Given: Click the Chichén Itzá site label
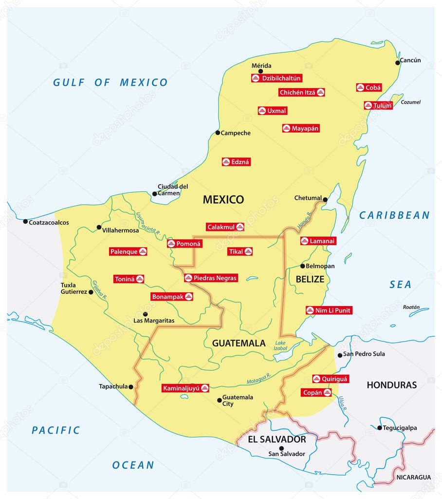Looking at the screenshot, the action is click(x=301, y=92).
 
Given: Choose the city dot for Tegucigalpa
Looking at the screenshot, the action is click(x=380, y=428).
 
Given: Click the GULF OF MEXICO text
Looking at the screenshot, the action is click(x=110, y=82).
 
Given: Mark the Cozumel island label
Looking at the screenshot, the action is click(x=410, y=102).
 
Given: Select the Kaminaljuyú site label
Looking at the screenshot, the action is click(x=185, y=388).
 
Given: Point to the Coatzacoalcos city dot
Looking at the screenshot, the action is click(x=25, y=221).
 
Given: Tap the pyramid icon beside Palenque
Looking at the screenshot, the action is click(x=143, y=251).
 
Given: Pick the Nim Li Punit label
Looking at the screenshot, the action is click(x=329, y=310).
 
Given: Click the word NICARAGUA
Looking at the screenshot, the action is click(x=413, y=477).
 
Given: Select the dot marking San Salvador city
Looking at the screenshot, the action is click(x=281, y=448).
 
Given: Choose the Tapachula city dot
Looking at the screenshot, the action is click(x=131, y=386).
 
